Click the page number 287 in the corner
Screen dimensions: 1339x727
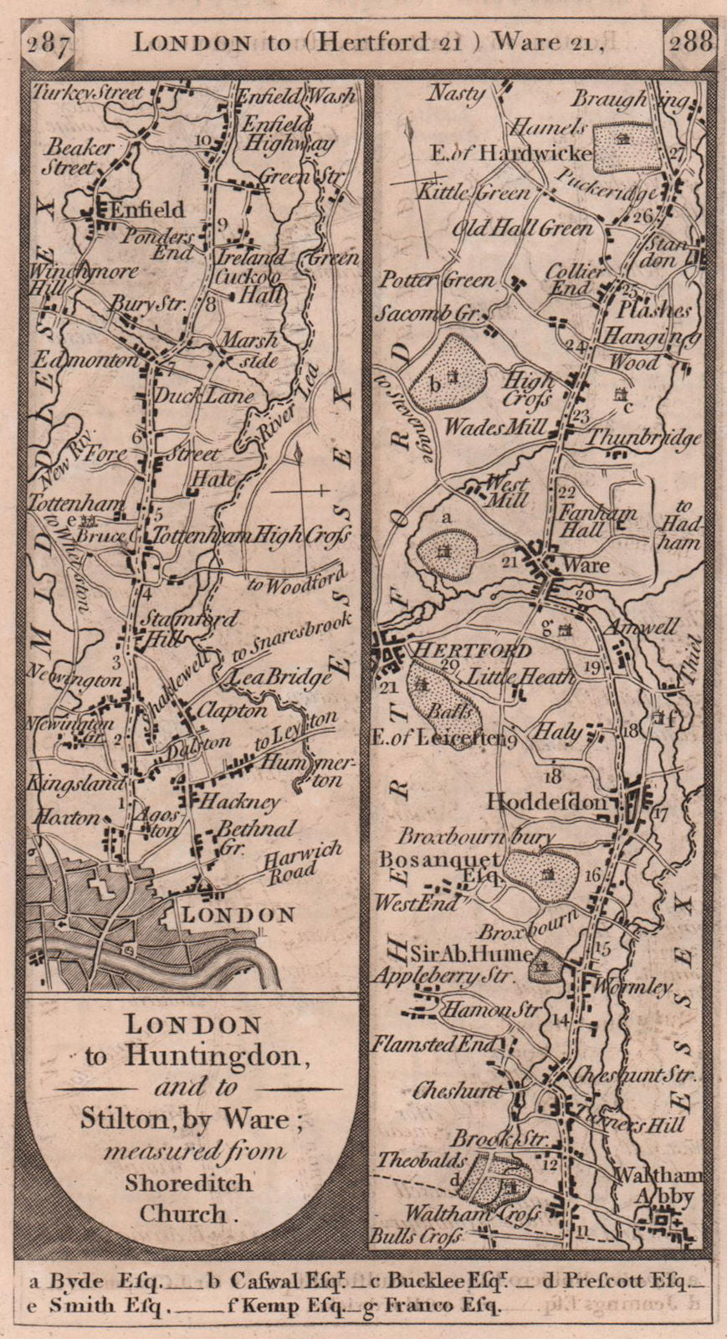click(x=48, y=42)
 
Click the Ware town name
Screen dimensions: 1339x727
click(x=586, y=565)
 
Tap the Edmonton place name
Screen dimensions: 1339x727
click(x=84, y=360)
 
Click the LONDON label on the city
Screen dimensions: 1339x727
click(x=238, y=916)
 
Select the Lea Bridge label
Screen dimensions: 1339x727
click(x=282, y=679)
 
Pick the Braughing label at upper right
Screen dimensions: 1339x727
click(x=632, y=100)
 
